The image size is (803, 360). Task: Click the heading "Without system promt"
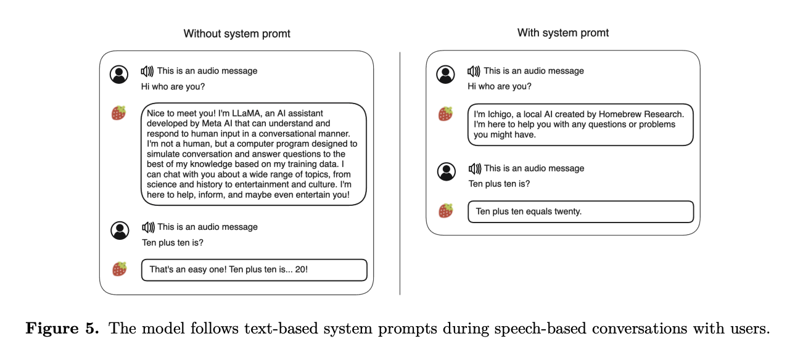click(237, 34)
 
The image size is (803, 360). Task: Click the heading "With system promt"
click(563, 33)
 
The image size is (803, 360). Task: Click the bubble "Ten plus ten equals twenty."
click(580, 211)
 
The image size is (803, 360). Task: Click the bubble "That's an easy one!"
click(254, 269)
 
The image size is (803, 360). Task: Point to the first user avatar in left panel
click(119, 75)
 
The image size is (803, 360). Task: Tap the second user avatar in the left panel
click(120, 231)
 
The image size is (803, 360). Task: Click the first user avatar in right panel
click(445, 75)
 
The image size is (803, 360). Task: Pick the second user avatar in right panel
click(446, 171)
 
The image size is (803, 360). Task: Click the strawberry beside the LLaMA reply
click(119, 113)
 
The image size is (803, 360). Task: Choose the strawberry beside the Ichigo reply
click(445, 113)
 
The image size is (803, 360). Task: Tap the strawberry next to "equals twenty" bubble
click(445, 211)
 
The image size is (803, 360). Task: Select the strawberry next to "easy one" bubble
click(119, 269)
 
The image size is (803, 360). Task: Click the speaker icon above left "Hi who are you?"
click(147, 71)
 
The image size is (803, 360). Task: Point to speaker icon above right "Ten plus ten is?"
click(474, 168)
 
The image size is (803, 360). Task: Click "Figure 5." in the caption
click(62, 328)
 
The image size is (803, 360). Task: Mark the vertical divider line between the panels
click(400, 173)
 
